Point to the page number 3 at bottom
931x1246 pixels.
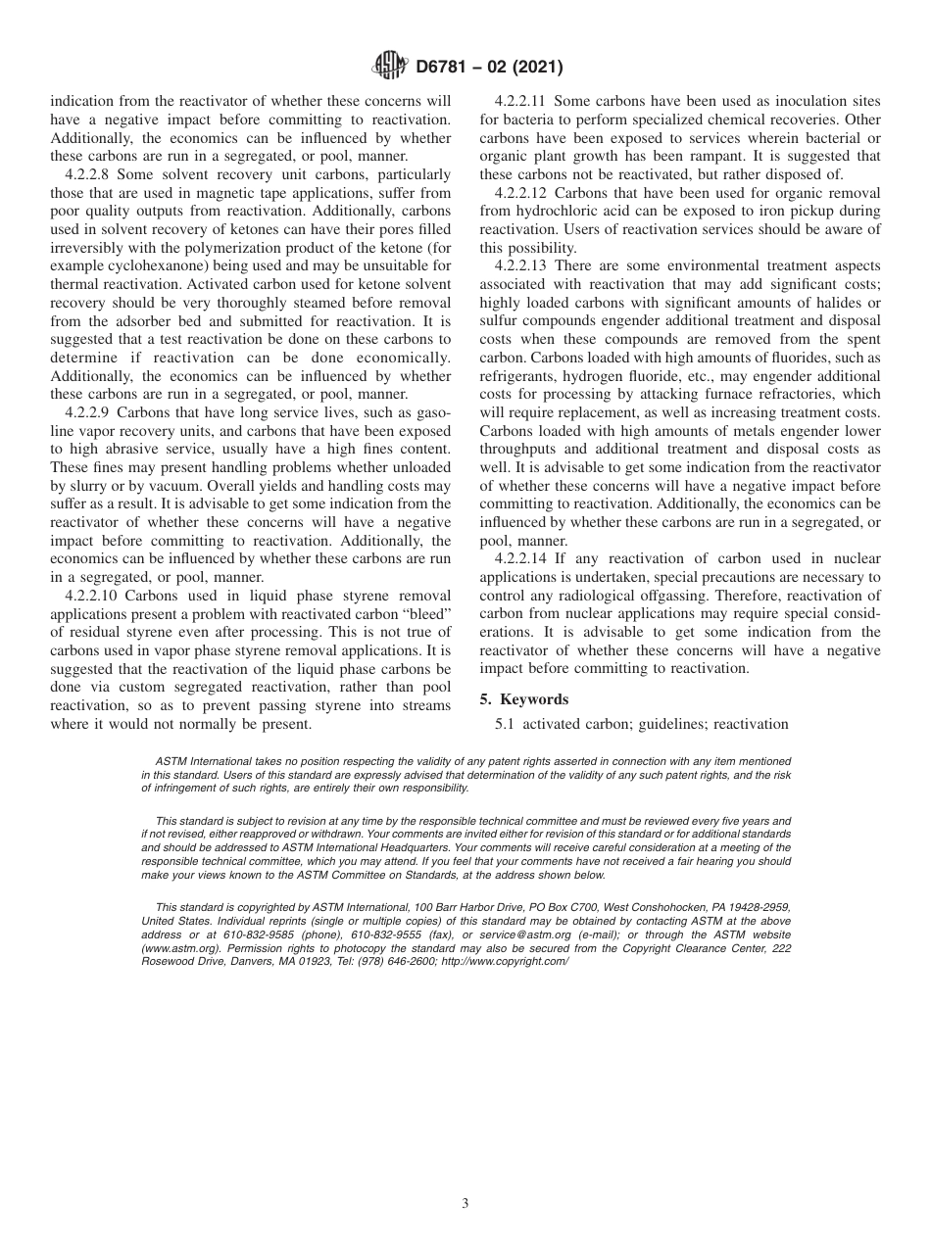[x=465, y=1203]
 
